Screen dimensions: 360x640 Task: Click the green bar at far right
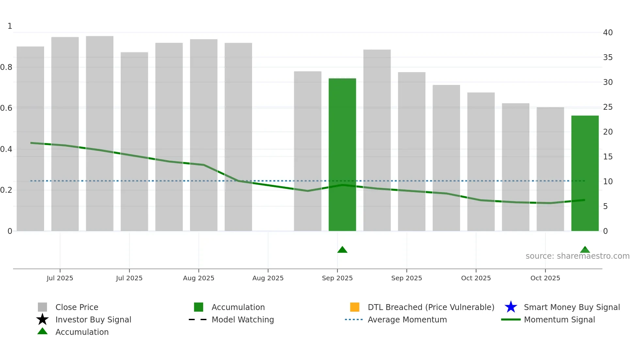(x=584, y=173)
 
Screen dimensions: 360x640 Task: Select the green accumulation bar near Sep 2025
(x=342, y=155)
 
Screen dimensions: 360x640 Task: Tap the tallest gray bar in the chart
(x=100, y=133)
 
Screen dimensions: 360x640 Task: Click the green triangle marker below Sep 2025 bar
(x=342, y=250)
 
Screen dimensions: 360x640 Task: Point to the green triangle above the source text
(x=584, y=250)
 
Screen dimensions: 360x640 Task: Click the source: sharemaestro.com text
(x=577, y=256)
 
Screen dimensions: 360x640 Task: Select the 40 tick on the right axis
(x=608, y=33)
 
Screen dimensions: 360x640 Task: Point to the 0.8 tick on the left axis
(x=6, y=67)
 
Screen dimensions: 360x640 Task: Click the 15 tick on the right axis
(x=608, y=157)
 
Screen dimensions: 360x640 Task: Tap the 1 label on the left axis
(x=10, y=26)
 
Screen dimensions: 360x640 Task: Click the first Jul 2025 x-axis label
(x=60, y=278)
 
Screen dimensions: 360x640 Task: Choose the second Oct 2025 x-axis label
(x=545, y=278)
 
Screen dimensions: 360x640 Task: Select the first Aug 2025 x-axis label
(x=199, y=278)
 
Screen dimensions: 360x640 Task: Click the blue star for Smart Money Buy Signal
(x=511, y=307)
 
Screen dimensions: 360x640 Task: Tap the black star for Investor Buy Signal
(x=42, y=319)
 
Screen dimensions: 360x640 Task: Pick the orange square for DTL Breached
(x=355, y=307)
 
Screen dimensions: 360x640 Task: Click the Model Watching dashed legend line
(x=198, y=319)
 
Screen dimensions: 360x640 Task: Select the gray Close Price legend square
(x=42, y=307)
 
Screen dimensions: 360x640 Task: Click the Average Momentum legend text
(x=407, y=319)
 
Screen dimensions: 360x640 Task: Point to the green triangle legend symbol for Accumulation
(x=42, y=332)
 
